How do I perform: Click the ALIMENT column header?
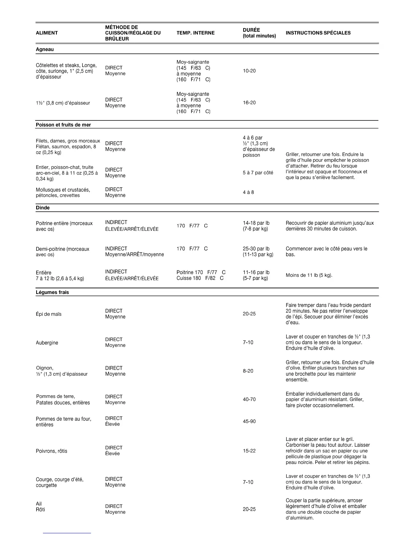point(47,33)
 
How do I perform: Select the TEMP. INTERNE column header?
point(195,33)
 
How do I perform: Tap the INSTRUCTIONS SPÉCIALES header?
point(318,33)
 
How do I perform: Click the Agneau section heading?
point(45,49)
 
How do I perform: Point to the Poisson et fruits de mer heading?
point(63,125)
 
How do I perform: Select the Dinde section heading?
point(43,208)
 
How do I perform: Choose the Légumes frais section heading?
point(52,292)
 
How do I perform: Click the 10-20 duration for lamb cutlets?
point(249,71)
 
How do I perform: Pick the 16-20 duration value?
point(249,103)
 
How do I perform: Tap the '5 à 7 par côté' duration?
point(258,173)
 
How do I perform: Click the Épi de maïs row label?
point(49,314)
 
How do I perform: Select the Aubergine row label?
point(47,343)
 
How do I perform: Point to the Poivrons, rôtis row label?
point(51,451)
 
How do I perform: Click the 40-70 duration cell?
point(249,400)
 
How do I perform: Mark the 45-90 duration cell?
point(249,422)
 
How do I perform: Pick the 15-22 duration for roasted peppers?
point(249,451)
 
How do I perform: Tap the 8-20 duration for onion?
point(248,371)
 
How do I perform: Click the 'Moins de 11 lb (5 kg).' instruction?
point(309,275)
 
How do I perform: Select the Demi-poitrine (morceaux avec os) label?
point(63,252)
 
